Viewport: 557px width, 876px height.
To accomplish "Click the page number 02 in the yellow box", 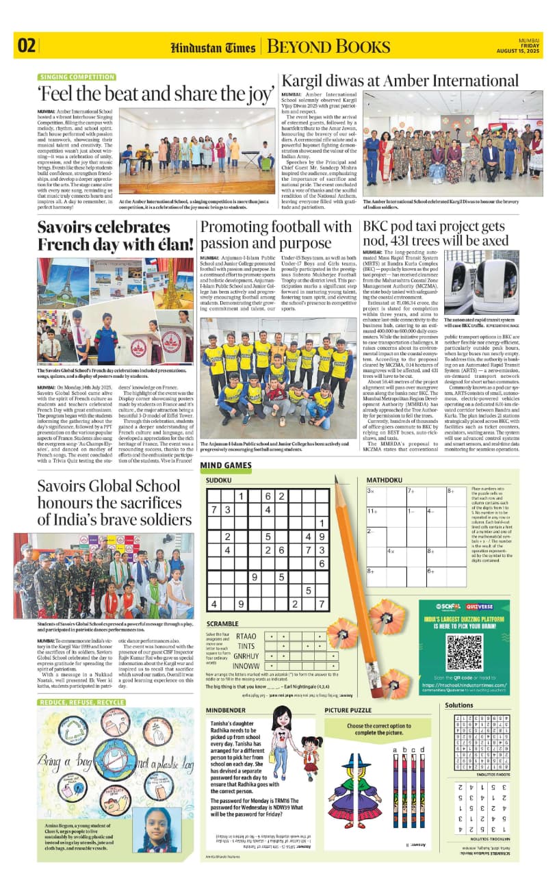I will click(x=27, y=46).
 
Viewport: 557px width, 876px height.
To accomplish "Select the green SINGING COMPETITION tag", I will click(x=77, y=77).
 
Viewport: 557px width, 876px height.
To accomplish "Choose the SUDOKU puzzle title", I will click(x=219, y=480).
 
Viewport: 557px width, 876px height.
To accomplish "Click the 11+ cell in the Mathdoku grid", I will click(x=374, y=511).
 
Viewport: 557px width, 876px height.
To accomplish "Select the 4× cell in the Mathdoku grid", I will click(x=392, y=550).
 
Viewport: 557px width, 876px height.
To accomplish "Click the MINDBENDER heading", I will click(x=228, y=710).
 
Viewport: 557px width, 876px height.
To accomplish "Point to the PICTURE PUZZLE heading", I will click(x=348, y=710).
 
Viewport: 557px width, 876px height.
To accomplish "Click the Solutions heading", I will click(x=458, y=705).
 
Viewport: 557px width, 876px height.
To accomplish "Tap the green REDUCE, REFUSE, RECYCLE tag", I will click(x=82, y=703).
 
